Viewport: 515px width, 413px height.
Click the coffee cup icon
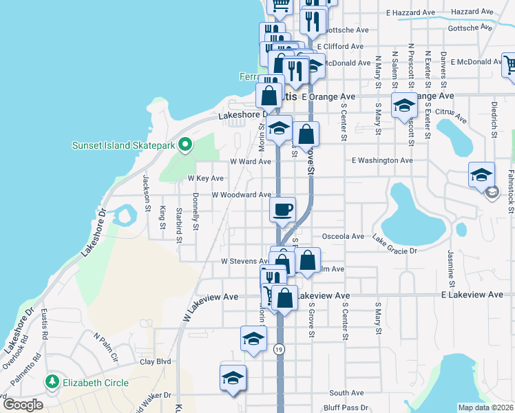tap(282, 209)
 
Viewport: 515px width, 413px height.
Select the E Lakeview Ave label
tap(472, 295)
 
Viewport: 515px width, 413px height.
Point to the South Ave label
tap(346, 393)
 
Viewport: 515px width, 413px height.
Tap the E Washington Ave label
tap(382, 160)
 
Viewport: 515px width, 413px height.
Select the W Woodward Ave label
tap(241, 195)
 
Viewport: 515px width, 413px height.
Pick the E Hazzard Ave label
tap(411, 12)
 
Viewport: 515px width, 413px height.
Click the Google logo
tap(23, 405)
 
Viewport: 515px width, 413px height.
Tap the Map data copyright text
tap(485, 407)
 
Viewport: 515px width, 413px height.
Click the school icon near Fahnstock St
tap(482, 174)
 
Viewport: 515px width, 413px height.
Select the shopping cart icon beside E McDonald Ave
tap(509, 64)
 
